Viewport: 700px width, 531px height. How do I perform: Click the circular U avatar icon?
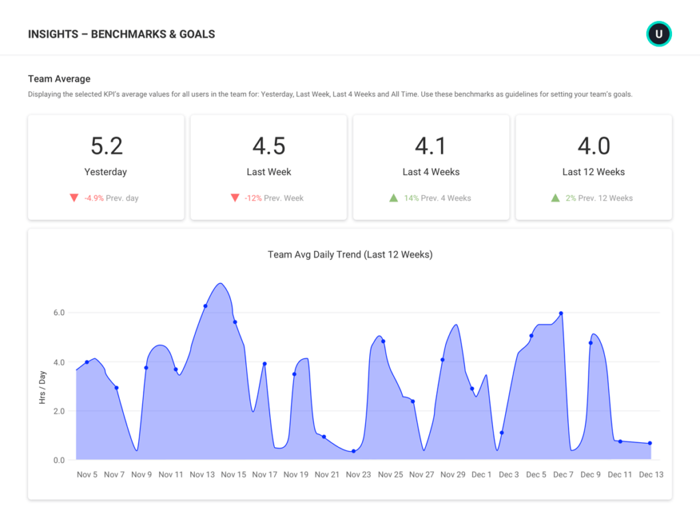pyautogui.click(x=659, y=33)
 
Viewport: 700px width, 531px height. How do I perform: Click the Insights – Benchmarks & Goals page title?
pyautogui.click(x=122, y=34)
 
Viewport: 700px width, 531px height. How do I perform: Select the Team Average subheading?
pyautogui.click(x=59, y=79)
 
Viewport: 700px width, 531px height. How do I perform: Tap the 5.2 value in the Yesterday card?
pyautogui.click(x=106, y=146)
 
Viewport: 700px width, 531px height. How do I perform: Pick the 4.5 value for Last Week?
pyautogui.click(x=269, y=146)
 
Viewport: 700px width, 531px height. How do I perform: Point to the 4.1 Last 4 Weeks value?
pyautogui.click(x=431, y=146)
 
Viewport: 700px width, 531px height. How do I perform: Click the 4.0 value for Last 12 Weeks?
pyautogui.click(x=593, y=146)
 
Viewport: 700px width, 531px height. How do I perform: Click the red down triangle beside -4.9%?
pyautogui.click(x=74, y=198)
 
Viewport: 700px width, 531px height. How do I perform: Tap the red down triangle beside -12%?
pyautogui.click(x=234, y=198)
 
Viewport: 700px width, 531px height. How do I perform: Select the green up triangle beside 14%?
pyautogui.click(x=393, y=198)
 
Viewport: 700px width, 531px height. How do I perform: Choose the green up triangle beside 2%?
pyautogui.click(x=555, y=198)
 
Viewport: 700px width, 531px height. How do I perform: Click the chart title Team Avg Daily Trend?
pyautogui.click(x=350, y=255)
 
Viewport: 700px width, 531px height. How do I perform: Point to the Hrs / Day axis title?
pyautogui.click(x=42, y=387)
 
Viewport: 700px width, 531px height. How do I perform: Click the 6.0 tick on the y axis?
pyautogui.click(x=59, y=313)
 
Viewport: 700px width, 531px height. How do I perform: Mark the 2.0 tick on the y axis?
pyautogui.click(x=59, y=411)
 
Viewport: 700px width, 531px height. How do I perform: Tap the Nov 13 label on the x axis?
pyautogui.click(x=202, y=475)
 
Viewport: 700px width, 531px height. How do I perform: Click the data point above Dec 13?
pyautogui.click(x=649, y=444)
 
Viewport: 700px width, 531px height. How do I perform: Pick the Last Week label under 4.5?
pyautogui.click(x=269, y=172)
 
